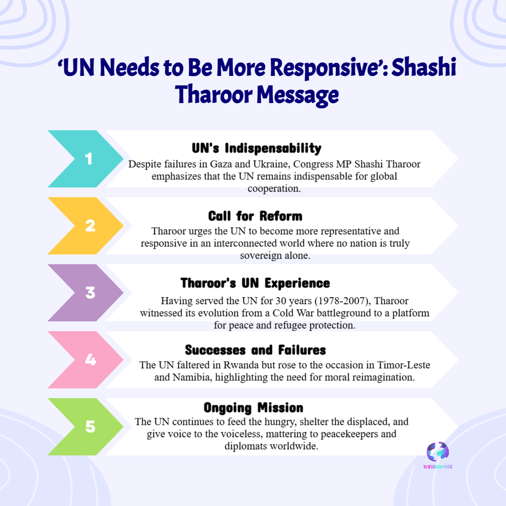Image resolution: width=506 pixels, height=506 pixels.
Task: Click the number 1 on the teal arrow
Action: [x=89, y=159]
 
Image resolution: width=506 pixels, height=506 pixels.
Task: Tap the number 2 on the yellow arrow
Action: [x=90, y=226]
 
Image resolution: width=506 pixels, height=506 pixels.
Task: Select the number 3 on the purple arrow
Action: [x=90, y=293]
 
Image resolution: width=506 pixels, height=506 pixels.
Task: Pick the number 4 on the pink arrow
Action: [x=90, y=360]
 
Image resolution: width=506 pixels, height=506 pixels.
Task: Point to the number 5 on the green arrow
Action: [x=90, y=427]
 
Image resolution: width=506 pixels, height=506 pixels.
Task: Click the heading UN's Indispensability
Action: [x=256, y=149]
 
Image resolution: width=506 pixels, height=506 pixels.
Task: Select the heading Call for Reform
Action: [x=255, y=216]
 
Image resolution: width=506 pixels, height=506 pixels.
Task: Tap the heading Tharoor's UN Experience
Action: [x=255, y=283]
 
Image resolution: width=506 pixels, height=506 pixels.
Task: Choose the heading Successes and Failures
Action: [x=255, y=350]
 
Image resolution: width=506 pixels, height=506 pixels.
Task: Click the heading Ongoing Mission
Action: [x=253, y=407]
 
